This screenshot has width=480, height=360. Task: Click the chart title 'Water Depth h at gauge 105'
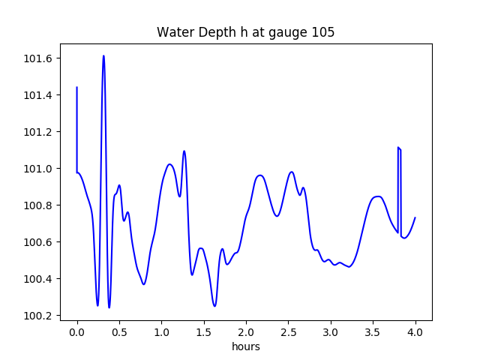point(245,33)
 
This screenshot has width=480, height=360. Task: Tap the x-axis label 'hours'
point(246,346)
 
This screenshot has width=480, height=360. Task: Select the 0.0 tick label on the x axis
point(77,332)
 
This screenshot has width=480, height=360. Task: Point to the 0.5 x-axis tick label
point(119,332)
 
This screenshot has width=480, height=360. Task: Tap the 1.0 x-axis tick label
point(162,332)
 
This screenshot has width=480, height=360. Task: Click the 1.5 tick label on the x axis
point(204,332)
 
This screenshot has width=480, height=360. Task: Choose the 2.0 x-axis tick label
point(246,332)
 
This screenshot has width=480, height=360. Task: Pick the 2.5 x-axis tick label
point(289,332)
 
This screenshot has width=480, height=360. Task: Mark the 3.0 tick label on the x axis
point(331,332)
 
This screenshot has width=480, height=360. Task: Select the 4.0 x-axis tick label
point(415,332)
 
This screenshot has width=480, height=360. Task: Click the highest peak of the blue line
point(103,56)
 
